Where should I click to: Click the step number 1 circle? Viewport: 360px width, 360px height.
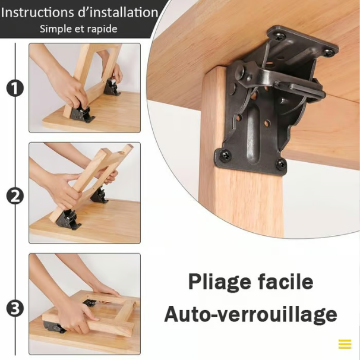coord(15,89)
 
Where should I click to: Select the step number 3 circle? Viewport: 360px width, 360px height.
coord(15,308)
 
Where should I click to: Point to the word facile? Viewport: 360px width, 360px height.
coord(283,281)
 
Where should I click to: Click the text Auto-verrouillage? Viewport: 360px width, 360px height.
coord(250,314)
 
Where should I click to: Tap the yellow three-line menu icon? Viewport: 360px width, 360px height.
coord(345,344)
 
